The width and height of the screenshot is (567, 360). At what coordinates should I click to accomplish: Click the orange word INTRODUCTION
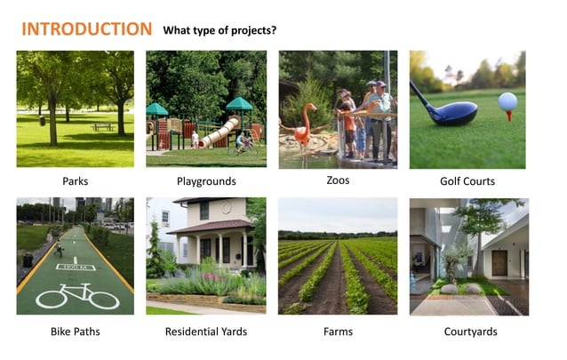pyautogui.click(x=86, y=28)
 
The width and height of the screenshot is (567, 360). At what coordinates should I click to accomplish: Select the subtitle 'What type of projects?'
pyautogui.click(x=220, y=30)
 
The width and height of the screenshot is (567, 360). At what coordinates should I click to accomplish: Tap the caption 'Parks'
pyautogui.click(x=75, y=181)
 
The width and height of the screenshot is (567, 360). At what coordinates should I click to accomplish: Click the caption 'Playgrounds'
pyautogui.click(x=205, y=181)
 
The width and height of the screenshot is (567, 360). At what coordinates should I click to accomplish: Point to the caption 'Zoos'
pyautogui.click(x=338, y=180)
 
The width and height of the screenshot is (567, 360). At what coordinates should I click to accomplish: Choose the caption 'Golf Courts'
pyautogui.click(x=467, y=181)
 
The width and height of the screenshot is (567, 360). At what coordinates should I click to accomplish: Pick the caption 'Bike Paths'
pyautogui.click(x=75, y=332)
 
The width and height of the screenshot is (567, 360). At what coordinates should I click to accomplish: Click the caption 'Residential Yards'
pyautogui.click(x=205, y=332)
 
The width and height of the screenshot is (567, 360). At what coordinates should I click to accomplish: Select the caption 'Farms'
pyautogui.click(x=338, y=332)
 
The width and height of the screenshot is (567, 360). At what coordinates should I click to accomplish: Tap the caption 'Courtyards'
pyautogui.click(x=470, y=332)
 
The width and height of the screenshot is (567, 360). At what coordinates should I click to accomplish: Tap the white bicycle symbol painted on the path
pyautogui.click(x=76, y=295)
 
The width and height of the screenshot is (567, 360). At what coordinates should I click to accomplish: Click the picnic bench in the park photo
pyautogui.click(x=103, y=127)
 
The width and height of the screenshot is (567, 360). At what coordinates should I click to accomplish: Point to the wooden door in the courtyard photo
pyautogui.click(x=499, y=263)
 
